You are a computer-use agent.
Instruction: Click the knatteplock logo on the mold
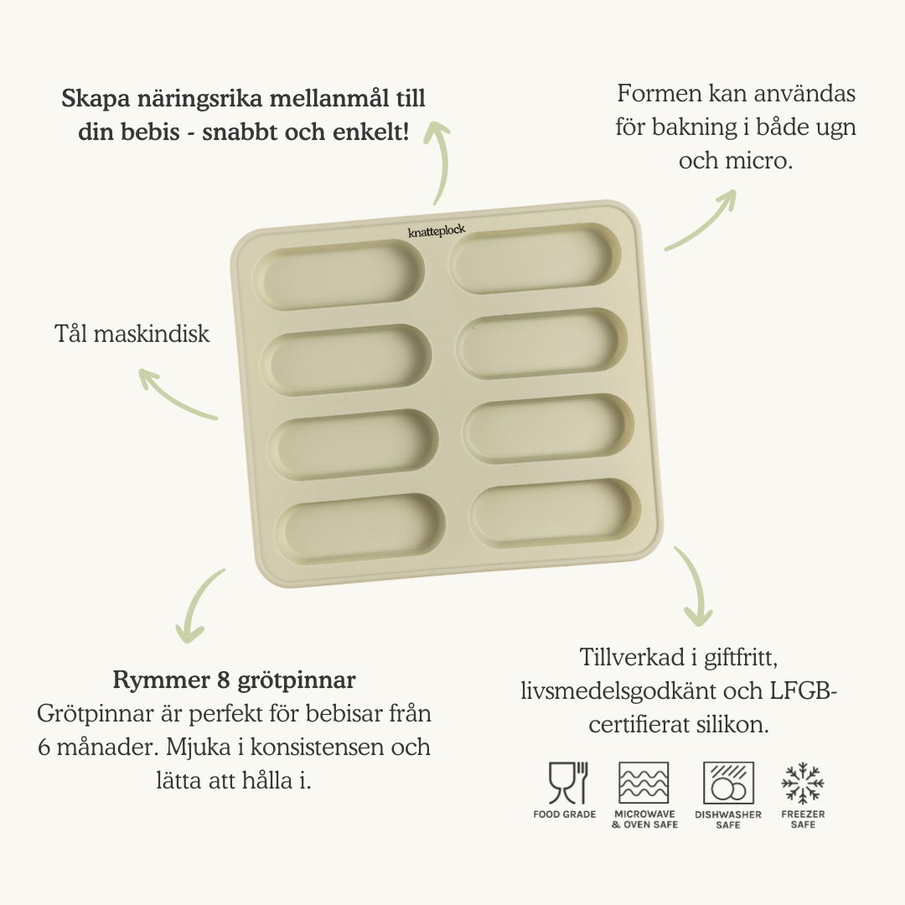point(437,231)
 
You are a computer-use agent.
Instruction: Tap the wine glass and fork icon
point(568,783)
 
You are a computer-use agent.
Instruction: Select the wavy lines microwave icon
point(644,783)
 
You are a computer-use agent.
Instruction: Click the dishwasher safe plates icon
point(728,783)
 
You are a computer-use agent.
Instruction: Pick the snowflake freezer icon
point(803,783)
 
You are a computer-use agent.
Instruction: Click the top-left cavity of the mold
point(339,276)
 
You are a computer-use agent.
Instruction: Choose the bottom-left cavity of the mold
point(359,530)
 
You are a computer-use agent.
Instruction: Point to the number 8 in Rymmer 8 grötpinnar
point(224,680)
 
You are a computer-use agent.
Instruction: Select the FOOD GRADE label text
point(565,814)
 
